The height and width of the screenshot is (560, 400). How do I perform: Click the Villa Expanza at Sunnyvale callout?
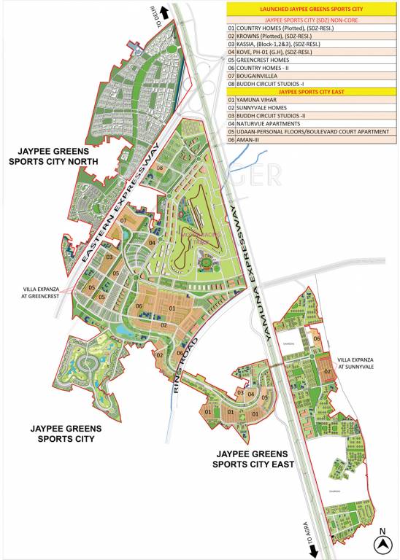pos(355,365)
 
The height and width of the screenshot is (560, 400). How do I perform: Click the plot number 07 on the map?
pos(124,220)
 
